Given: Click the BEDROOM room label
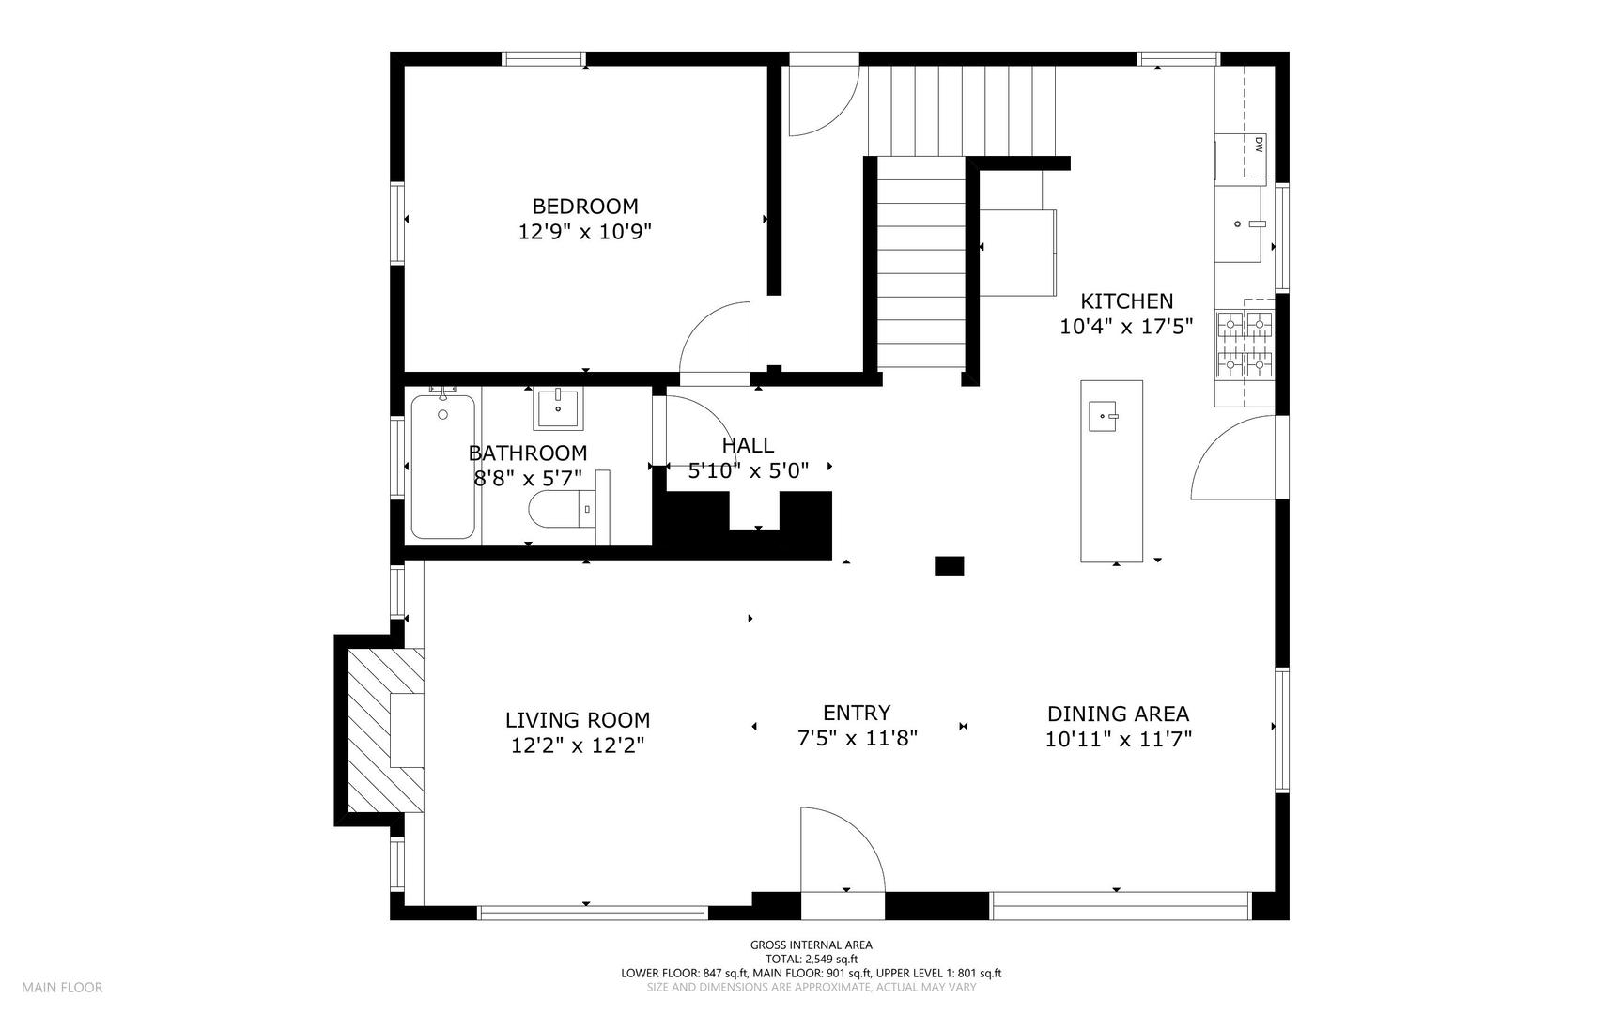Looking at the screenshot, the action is (x=585, y=207).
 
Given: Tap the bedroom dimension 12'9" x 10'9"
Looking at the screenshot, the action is (x=585, y=232).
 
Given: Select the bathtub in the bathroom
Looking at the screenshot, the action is (x=442, y=467).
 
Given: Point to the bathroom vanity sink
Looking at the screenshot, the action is (x=558, y=407).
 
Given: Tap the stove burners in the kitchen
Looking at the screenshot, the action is (x=1245, y=345).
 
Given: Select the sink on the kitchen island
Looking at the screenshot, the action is (x=1104, y=415).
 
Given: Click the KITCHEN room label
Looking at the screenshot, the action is (x=1126, y=301).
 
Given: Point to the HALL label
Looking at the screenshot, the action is (x=748, y=445).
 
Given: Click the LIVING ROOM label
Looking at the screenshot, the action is (x=578, y=720).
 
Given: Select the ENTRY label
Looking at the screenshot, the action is (x=857, y=713).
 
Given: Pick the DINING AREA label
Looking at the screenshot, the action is (x=1118, y=714).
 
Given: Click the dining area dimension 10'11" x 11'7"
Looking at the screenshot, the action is (x=1118, y=739).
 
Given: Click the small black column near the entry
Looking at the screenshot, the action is (x=949, y=565).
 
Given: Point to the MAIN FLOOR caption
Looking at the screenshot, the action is (x=62, y=987).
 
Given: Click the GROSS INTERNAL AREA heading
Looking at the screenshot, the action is (x=812, y=945).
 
